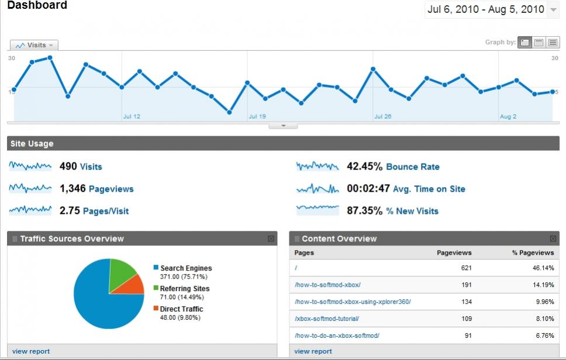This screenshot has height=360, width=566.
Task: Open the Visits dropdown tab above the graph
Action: click(x=34, y=45)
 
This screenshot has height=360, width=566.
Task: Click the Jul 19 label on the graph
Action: click(x=257, y=116)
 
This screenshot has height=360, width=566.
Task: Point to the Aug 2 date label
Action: click(x=508, y=116)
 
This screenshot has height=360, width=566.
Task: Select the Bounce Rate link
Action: click(x=412, y=167)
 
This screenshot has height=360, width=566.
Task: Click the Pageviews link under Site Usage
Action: click(x=111, y=189)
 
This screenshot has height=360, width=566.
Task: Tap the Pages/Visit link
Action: click(x=106, y=211)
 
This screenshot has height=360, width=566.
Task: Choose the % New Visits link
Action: click(x=412, y=211)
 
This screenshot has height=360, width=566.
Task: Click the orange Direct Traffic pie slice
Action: click(x=135, y=285)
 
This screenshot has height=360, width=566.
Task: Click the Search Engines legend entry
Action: click(x=186, y=268)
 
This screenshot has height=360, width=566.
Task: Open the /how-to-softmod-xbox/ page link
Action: click(x=327, y=285)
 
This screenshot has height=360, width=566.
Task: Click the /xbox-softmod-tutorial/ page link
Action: click(x=327, y=319)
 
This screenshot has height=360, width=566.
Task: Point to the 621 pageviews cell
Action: click(x=465, y=268)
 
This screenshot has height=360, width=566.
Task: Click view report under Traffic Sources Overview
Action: click(x=31, y=351)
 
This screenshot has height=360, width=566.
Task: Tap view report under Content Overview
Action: click(x=313, y=351)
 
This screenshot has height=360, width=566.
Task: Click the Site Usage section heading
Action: click(x=32, y=144)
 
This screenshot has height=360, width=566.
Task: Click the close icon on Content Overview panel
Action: click(x=554, y=238)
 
